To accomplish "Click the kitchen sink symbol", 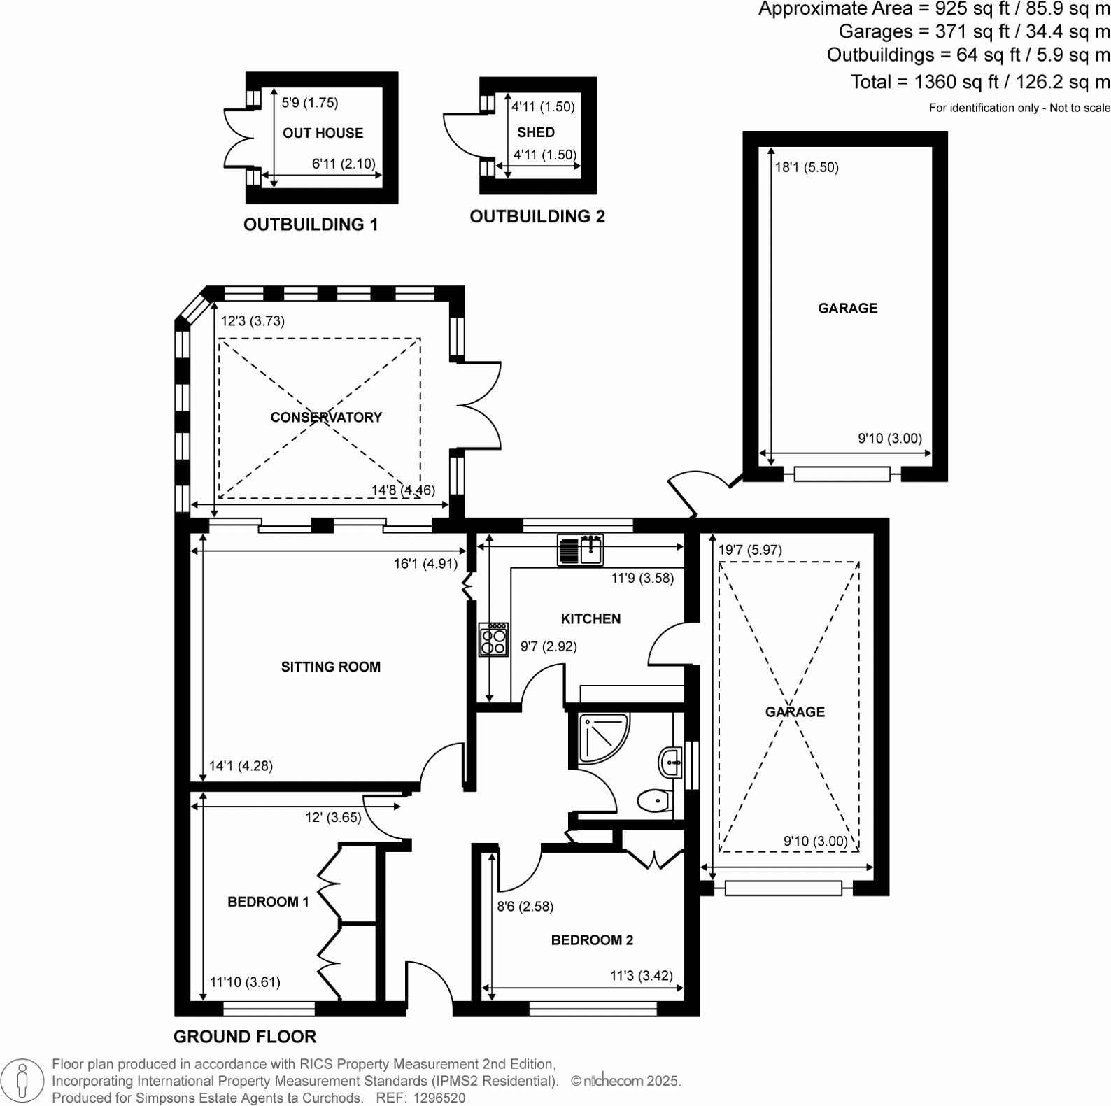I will coord(580,549).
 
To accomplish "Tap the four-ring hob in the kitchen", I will coord(493,639).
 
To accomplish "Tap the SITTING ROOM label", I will coord(330,667).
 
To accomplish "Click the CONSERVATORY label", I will coord(326,417).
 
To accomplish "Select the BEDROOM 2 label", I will coord(592,940).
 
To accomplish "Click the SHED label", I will coord(536,132).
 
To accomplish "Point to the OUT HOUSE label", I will coord(323,133).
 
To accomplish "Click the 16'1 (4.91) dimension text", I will coord(425,563).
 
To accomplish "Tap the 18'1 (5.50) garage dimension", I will coord(807,167).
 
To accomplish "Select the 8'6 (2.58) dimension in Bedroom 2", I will coord(525,907).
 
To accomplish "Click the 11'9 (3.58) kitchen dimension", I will coord(642,578).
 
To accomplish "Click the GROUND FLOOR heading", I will coord(245,1036).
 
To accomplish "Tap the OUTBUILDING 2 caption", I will coord(537,216).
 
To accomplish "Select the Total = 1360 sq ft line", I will coord(979,82).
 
